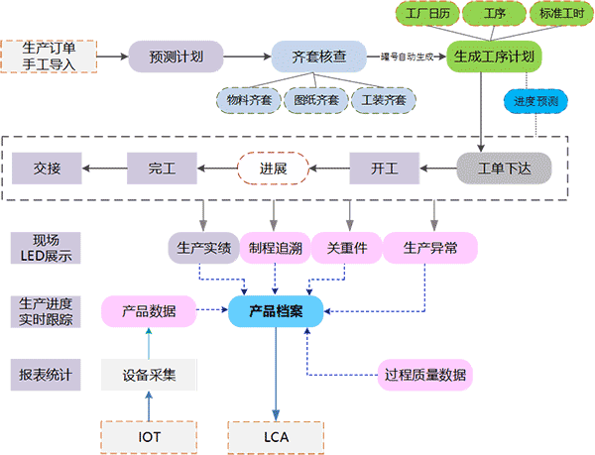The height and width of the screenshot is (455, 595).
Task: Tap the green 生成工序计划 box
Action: click(495, 57)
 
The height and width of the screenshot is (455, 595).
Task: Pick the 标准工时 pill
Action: click(558, 15)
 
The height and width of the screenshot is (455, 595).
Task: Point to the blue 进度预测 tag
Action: click(536, 101)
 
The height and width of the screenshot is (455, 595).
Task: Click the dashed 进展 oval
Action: click(273, 168)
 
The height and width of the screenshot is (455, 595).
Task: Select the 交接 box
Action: click(48, 168)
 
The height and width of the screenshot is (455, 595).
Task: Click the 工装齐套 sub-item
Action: click(382, 99)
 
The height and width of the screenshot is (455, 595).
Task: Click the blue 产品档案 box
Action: click(276, 312)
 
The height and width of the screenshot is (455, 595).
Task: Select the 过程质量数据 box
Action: click(425, 375)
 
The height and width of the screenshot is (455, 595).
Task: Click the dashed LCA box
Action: click(276, 435)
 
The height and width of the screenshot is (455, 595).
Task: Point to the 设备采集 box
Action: click(149, 375)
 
